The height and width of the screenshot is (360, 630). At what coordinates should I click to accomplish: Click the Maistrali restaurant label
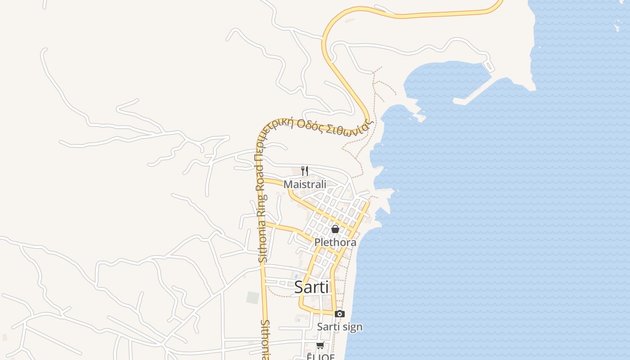(x=305, y=184)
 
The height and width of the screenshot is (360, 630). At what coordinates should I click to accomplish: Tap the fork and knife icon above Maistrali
(x=305, y=171)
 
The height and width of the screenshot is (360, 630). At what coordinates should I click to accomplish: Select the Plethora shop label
(x=335, y=242)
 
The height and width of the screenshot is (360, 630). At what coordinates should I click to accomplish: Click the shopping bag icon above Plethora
(x=335, y=229)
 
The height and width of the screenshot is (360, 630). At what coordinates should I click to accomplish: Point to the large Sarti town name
(x=311, y=287)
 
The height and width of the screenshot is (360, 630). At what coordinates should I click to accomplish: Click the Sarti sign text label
(x=339, y=327)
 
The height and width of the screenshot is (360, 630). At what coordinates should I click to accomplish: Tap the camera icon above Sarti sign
(x=340, y=314)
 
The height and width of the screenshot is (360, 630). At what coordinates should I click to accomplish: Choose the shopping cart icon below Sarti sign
(x=320, y=345)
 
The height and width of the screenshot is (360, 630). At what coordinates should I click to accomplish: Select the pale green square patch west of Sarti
(x=253, y=297)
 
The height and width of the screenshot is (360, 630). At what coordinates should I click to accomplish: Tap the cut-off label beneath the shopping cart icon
(x=321, y=357)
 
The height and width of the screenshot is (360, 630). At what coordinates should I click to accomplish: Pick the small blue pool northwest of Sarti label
(x=296, y=275)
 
